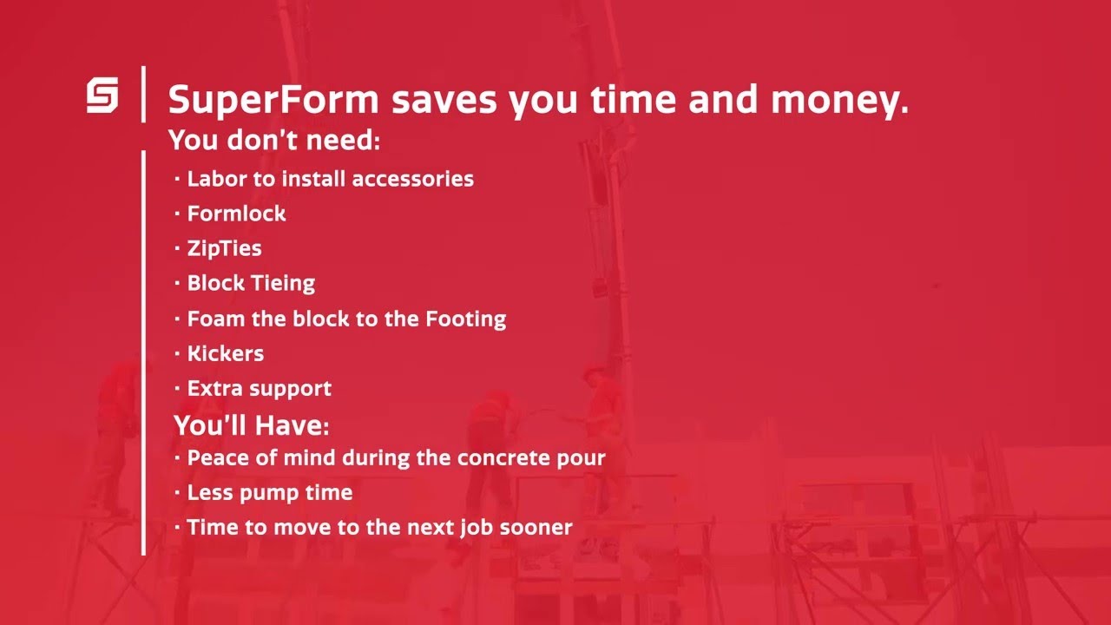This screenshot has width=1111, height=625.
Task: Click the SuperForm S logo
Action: coord(102,95)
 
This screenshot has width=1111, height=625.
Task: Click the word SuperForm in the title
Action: coord(273,101)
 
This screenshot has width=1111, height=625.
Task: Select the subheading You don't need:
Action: coord(274,140)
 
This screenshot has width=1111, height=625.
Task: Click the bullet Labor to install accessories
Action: coord(330,179)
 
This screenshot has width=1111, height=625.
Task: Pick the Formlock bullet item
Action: coord(236,214)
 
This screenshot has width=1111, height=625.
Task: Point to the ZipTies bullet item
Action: coord(224,248)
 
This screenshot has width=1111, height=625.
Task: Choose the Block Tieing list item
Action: coord(251,283)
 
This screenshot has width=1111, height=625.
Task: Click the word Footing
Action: coord(465,319)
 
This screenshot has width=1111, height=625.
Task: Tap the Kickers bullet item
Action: coord(226,353)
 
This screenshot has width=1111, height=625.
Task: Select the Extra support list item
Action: coord(259,388)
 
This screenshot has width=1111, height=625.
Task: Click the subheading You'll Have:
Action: coord(252,425)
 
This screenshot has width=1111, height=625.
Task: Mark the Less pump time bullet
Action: coord(269,492)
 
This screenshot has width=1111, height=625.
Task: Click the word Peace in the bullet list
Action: coord(216,457)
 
